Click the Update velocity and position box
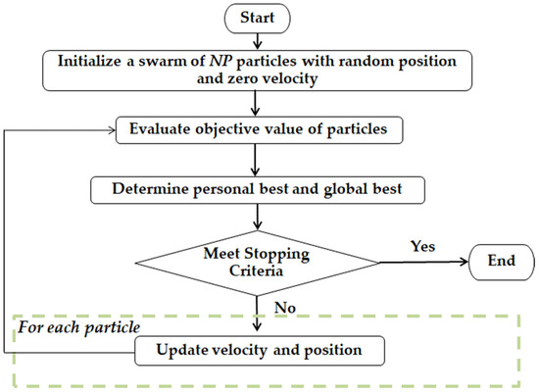pyautogui.click(x=258, y=348)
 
